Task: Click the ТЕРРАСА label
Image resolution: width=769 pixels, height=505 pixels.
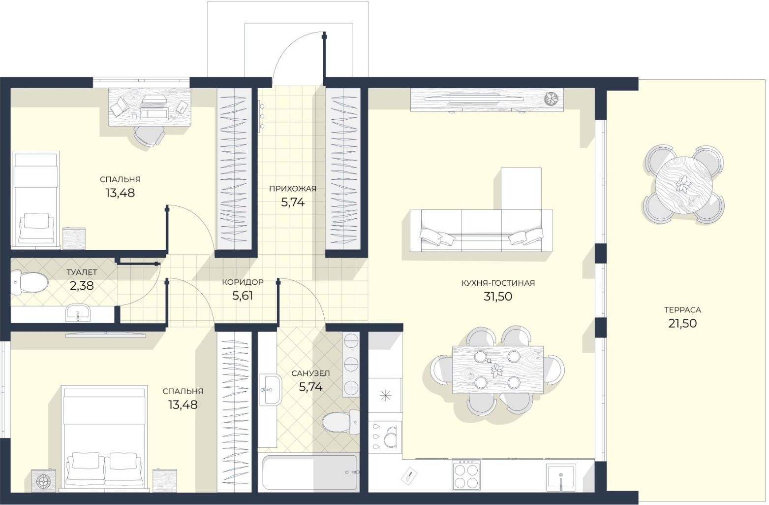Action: point(682,310)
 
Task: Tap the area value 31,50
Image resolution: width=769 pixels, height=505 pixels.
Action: point(498,296)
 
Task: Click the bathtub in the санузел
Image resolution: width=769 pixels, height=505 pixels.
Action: point(309,472)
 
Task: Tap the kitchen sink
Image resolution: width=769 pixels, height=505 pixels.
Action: point(560,477)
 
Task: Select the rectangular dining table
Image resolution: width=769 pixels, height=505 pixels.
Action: point(497,370)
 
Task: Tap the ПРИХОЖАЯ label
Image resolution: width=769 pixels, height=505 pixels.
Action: point(292,188)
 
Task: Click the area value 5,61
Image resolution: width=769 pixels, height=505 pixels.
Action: point(243,296)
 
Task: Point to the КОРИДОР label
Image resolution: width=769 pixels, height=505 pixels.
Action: point(243,282)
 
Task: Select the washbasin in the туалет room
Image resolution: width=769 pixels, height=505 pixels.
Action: point(78,312)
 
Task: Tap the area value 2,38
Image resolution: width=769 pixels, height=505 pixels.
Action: point(82,286)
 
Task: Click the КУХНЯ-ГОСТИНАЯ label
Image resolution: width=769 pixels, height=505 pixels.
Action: point(498,283)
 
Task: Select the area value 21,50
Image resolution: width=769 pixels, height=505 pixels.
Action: point(682,324)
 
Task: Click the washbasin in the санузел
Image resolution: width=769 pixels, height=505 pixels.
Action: point(270,390)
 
